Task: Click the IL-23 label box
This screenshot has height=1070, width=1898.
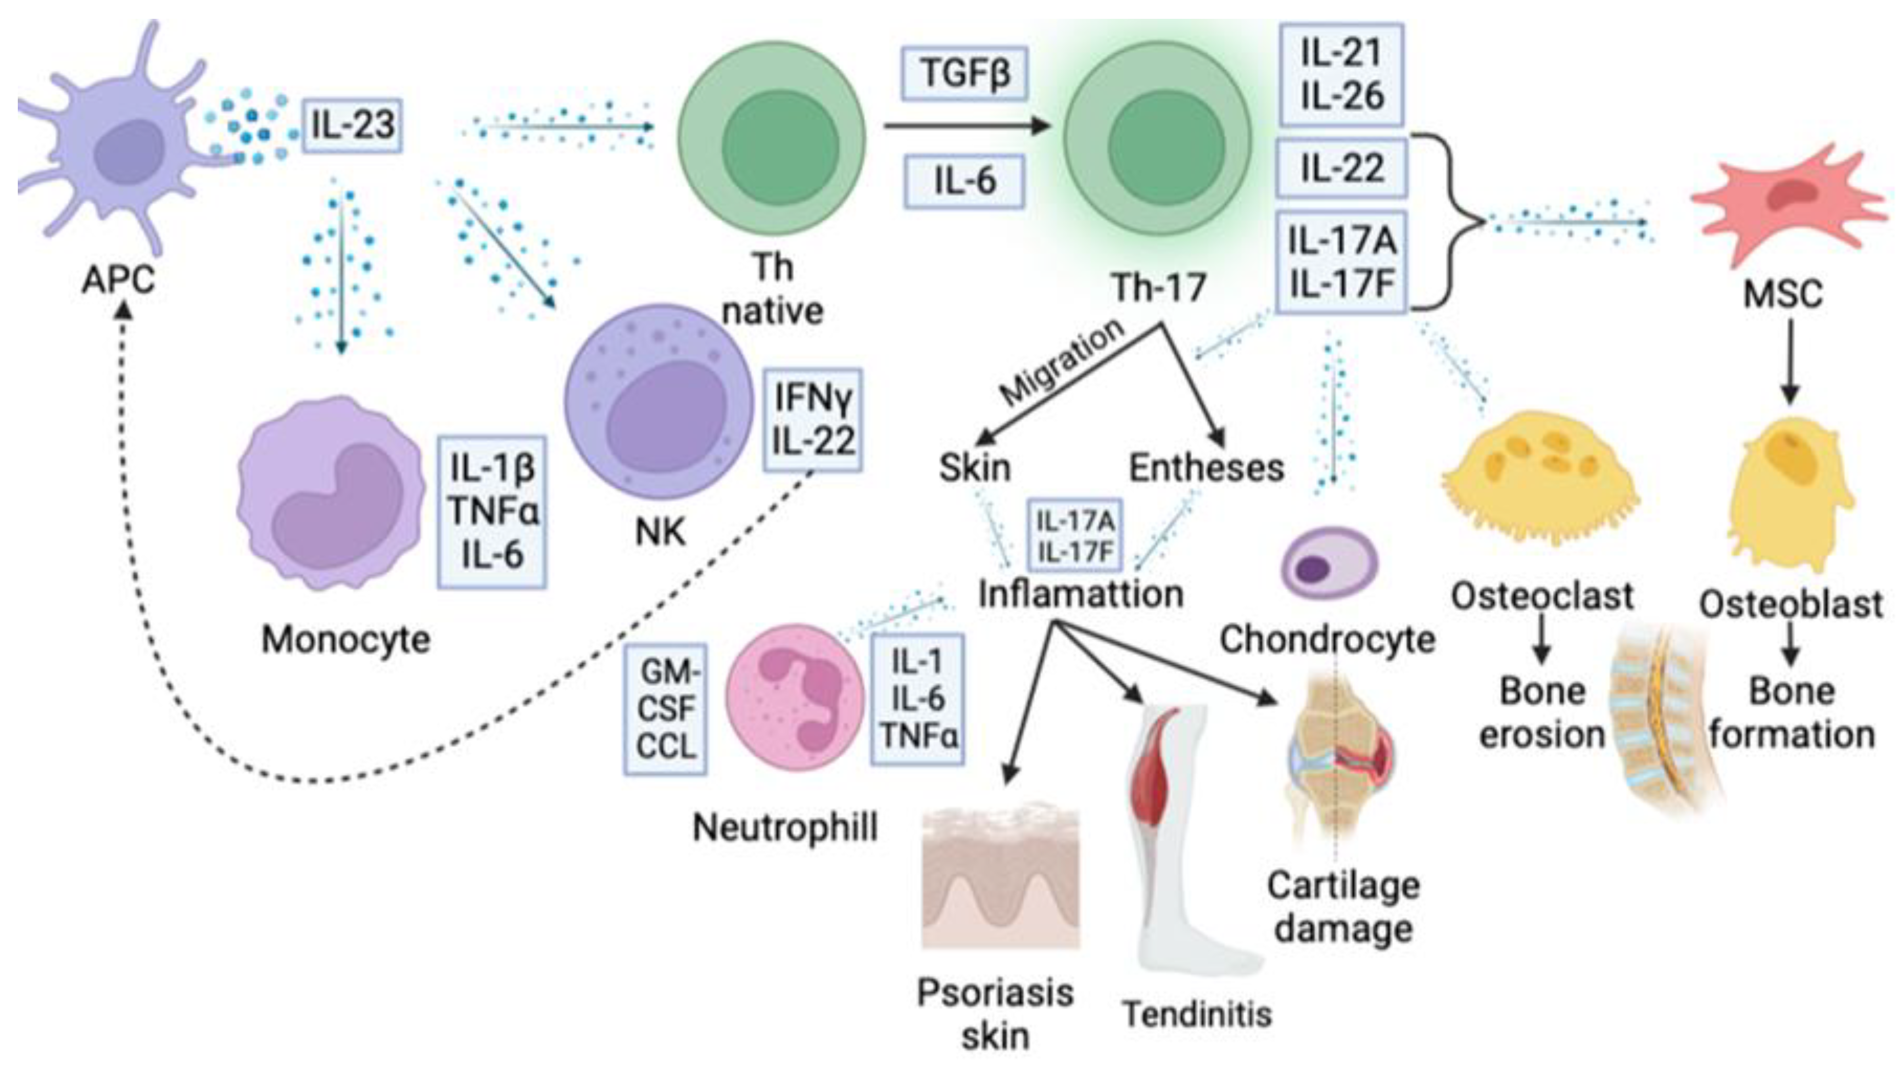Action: pyautogui.click(x=352, y=125)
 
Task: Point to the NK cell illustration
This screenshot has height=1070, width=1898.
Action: pyautogui.click(x=657, y=402)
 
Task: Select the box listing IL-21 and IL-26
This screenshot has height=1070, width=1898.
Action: pyautogui.click(x=1341, y=74)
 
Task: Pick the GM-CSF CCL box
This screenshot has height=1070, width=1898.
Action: pyautogui.click(x=665, y=709)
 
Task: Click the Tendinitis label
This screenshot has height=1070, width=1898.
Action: pyautogui.click(x=1197, y=1013)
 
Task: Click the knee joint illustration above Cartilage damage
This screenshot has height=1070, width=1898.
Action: pyautogui.click(x=1337, y=759)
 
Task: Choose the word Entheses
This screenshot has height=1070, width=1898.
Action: pyautogui.click(x=1206, y=468)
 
